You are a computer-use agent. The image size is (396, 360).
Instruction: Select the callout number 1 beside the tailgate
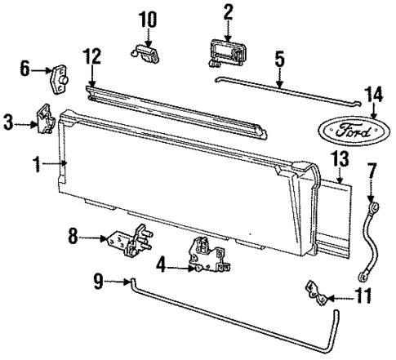click(37, 164)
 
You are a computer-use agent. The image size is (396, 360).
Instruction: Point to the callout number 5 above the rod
click(278, 60)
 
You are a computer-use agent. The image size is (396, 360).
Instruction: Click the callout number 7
click(372, 194)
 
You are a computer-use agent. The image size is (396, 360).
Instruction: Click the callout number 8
click(73, 238)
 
